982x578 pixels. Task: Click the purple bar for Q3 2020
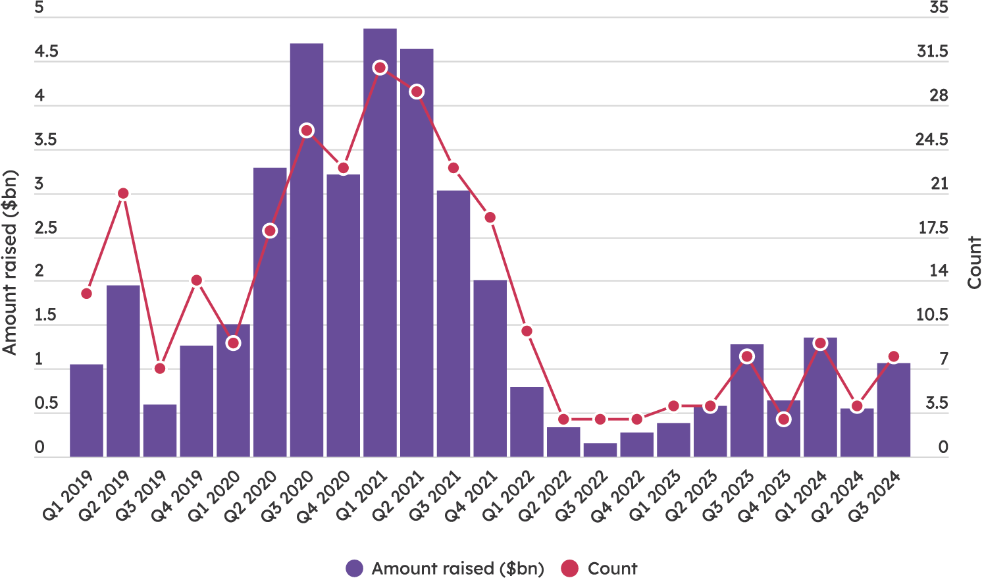tap(307, 250)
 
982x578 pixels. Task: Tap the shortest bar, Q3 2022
tap(600, 450)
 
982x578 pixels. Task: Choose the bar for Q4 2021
tap(490, 369)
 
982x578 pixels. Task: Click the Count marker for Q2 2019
tap(123, 194)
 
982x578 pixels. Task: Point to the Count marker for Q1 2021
tap(380, 68)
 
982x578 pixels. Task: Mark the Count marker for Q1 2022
tap(527, 331)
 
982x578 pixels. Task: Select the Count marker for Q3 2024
tap(893, 357)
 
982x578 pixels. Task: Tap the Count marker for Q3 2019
tap(160, 368)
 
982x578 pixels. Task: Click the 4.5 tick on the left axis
tap(46, 52)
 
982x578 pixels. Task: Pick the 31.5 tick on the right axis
tap(932, 52)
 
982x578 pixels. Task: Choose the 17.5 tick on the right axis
tap(933, 228)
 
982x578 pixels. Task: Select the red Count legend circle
tap(569, 568)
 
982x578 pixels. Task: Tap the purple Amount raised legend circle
tap(354, 568)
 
